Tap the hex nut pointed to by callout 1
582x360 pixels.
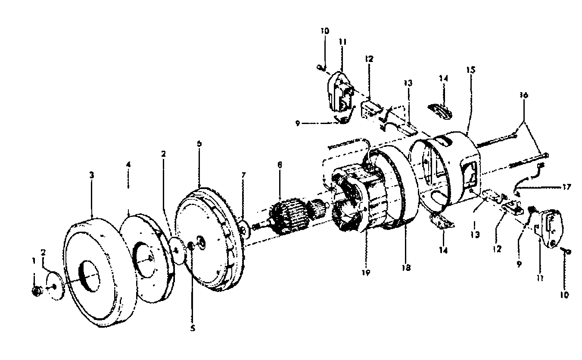[x=37, y=292]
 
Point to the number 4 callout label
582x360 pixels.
[x=129, y=164]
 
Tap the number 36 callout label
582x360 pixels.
[x=523, y=95]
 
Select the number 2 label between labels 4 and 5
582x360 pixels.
[x=162, y=153]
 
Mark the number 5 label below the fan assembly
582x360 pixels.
[x=193, y=328]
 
